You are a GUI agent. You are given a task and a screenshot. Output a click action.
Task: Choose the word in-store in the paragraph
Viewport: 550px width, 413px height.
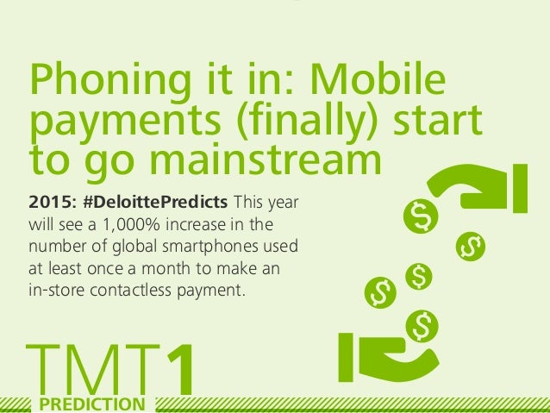click(57, 291)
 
